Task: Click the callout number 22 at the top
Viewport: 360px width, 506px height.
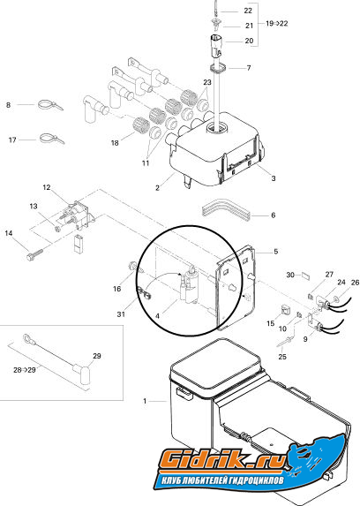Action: tap(248, 11)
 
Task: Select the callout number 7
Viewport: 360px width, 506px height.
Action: tap(249, 68)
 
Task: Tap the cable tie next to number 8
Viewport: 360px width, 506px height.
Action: tap(50, 105)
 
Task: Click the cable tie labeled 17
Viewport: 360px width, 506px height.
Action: tap(51, 139)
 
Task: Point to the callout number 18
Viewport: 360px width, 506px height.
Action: tap(115, 143)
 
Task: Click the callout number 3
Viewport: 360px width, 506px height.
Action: tap(274, 178)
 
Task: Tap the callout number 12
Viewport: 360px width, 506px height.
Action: tap(47, 187)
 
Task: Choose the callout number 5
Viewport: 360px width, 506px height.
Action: tap(275, 252)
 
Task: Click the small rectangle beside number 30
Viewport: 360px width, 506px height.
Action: tap(305, 276)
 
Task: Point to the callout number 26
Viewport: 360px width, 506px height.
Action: tap(355, 283)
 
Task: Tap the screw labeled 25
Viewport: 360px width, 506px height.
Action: tap(285, 342)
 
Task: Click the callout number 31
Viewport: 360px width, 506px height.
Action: tap(121, 314)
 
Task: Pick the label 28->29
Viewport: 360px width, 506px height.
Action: tap(24, 370)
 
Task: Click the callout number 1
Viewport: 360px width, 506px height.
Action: tap(145, 401)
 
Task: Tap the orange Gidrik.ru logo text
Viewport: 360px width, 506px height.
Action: tap(222, 460)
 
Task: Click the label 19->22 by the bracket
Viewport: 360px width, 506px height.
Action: tap(276, 24)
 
